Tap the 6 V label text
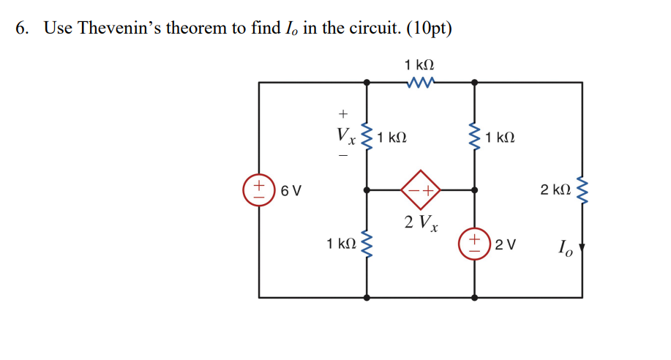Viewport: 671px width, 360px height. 290,191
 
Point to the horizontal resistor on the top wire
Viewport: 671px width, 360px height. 421,83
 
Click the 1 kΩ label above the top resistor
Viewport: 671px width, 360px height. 421,65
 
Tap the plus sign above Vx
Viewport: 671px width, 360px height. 341,113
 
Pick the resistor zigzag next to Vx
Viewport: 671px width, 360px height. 367,136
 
